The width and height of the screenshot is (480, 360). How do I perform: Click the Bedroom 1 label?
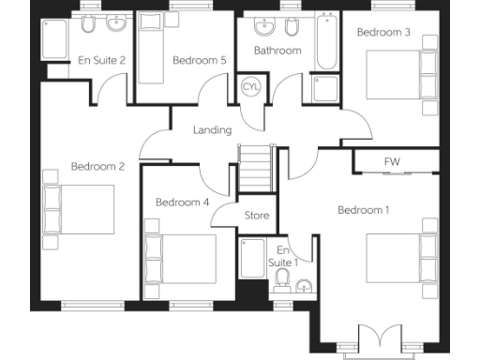363,210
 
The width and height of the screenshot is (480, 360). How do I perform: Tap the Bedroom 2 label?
97,167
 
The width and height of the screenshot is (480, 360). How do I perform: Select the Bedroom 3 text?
383,32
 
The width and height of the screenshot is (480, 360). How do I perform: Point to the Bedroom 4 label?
182,202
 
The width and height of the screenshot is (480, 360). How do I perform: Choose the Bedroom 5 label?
200,61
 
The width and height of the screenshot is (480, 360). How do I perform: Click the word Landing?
212,130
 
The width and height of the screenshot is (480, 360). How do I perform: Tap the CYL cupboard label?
251,86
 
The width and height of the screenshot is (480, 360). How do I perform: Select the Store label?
257,216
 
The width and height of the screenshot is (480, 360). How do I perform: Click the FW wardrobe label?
392,162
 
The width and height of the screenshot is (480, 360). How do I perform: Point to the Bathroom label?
277,51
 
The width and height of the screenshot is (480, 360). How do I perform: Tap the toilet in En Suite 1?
283,279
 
